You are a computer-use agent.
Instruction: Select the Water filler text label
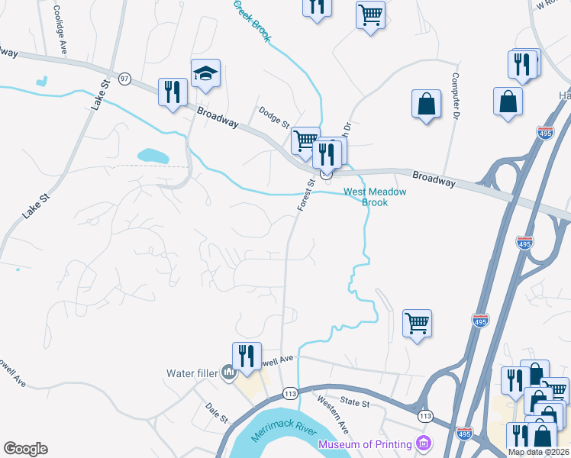point(192,373)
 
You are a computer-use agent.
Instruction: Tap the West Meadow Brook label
point(376,197)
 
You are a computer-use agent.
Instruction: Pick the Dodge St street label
point(274,116)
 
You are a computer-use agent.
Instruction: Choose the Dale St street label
point(218,414)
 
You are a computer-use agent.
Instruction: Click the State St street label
point(355,402)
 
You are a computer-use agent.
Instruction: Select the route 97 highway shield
point(125,79)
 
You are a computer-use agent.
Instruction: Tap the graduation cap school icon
point(205,75)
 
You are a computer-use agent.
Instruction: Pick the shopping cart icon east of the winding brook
point(417,324)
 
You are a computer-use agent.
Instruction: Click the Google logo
point(25,449)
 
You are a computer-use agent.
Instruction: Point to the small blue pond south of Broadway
point(153,156)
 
